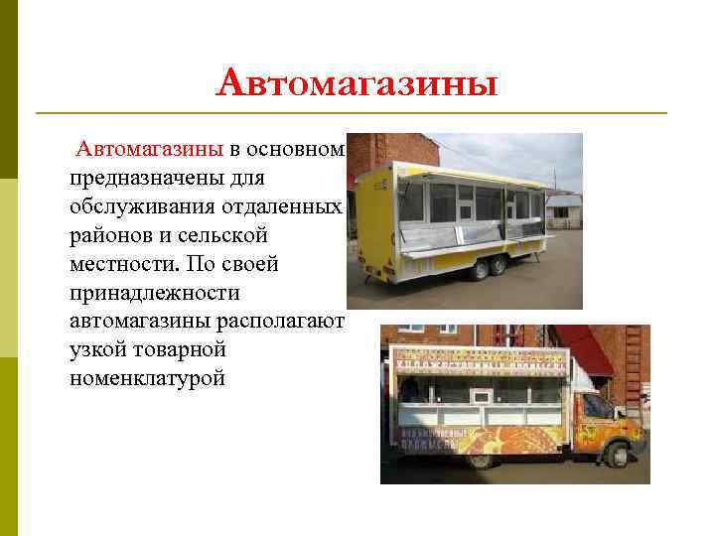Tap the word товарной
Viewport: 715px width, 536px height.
point(186,350)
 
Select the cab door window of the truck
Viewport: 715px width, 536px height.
point(596,406)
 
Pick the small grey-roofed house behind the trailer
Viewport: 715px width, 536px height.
point(563,207)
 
